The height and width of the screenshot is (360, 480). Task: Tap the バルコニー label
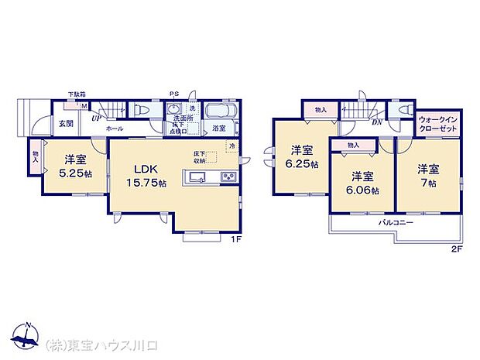click(x=395, y=222)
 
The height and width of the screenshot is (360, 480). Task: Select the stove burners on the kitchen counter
click(x=229, y=178)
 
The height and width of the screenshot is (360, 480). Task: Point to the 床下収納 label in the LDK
click(x=200, y=158)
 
